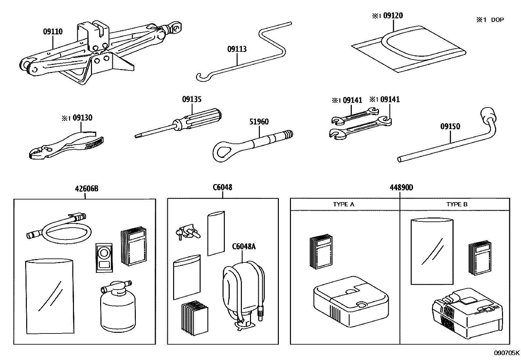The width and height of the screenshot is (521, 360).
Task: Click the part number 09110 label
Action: click(x=53, y=32)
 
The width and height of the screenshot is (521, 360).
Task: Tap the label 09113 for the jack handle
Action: click(x=237, y=49)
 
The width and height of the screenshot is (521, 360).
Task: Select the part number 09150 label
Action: click(x=450, y=126)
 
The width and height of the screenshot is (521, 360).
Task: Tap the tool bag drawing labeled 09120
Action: click(x=409, y=49)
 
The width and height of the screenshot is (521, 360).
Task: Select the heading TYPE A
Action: click(x=344, y=204)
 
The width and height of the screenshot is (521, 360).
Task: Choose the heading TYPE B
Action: click(x=457, y=204)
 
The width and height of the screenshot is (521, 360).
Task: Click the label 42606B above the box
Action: click(x=87, y=189)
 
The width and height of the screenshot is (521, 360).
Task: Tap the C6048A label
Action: click(x=244, y=246)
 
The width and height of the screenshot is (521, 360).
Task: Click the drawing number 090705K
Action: click(x=506, y=353)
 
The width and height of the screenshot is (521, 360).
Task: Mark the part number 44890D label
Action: click(x=401, y=188)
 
